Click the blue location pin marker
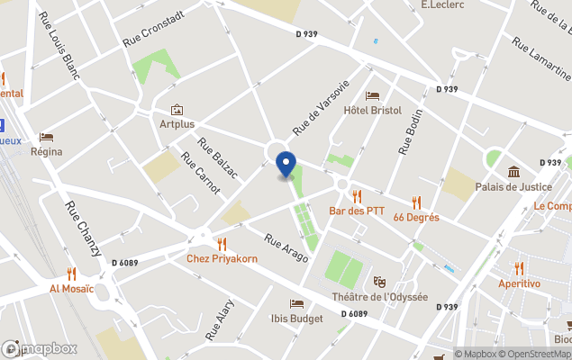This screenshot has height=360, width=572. (286, 165)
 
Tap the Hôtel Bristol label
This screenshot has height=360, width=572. (372, 110)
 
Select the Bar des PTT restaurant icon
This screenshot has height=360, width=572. (357, 195)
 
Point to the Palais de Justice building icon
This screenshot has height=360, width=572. (513, 172)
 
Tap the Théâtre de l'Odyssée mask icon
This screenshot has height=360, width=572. (379, 282)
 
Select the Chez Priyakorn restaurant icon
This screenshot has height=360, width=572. (222, 243)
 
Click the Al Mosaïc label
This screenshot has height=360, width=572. (72, 290)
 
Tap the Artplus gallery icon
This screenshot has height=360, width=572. (176, 109)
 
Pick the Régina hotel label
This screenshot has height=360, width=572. (46, 151)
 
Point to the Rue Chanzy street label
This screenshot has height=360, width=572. (83, 229)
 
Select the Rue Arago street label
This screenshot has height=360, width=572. (286, 248)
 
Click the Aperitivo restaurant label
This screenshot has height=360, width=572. (520, 283)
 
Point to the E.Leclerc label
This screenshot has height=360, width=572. (442, 5)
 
